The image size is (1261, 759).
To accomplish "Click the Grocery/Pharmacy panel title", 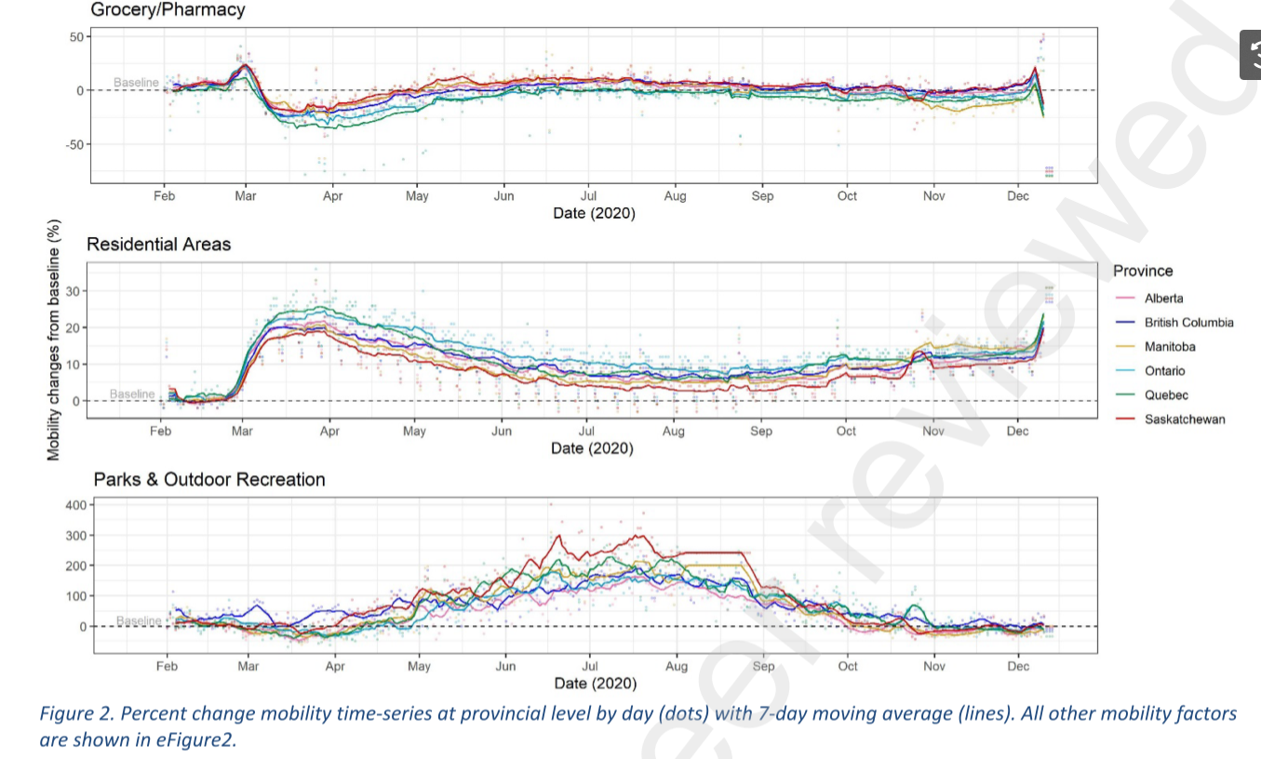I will point(167,10).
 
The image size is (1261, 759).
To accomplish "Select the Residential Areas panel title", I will point(158,245).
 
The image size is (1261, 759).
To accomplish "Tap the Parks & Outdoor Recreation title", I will point(209,480).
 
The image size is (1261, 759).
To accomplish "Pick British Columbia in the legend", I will point(1188,323).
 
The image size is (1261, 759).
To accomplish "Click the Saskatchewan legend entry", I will point(1185,419).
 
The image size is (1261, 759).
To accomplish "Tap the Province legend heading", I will point(1143,271).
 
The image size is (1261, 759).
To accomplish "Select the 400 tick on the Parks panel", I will point(74,505).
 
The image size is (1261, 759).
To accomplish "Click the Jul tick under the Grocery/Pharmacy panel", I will point(588,196).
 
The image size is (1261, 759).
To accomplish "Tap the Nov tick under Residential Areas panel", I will point(932,432).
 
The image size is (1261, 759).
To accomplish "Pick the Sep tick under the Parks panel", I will point(763,667).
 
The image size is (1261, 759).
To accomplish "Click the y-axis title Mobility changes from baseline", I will point(54,340).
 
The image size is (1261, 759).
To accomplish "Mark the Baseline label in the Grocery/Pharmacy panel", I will point(136,83).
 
